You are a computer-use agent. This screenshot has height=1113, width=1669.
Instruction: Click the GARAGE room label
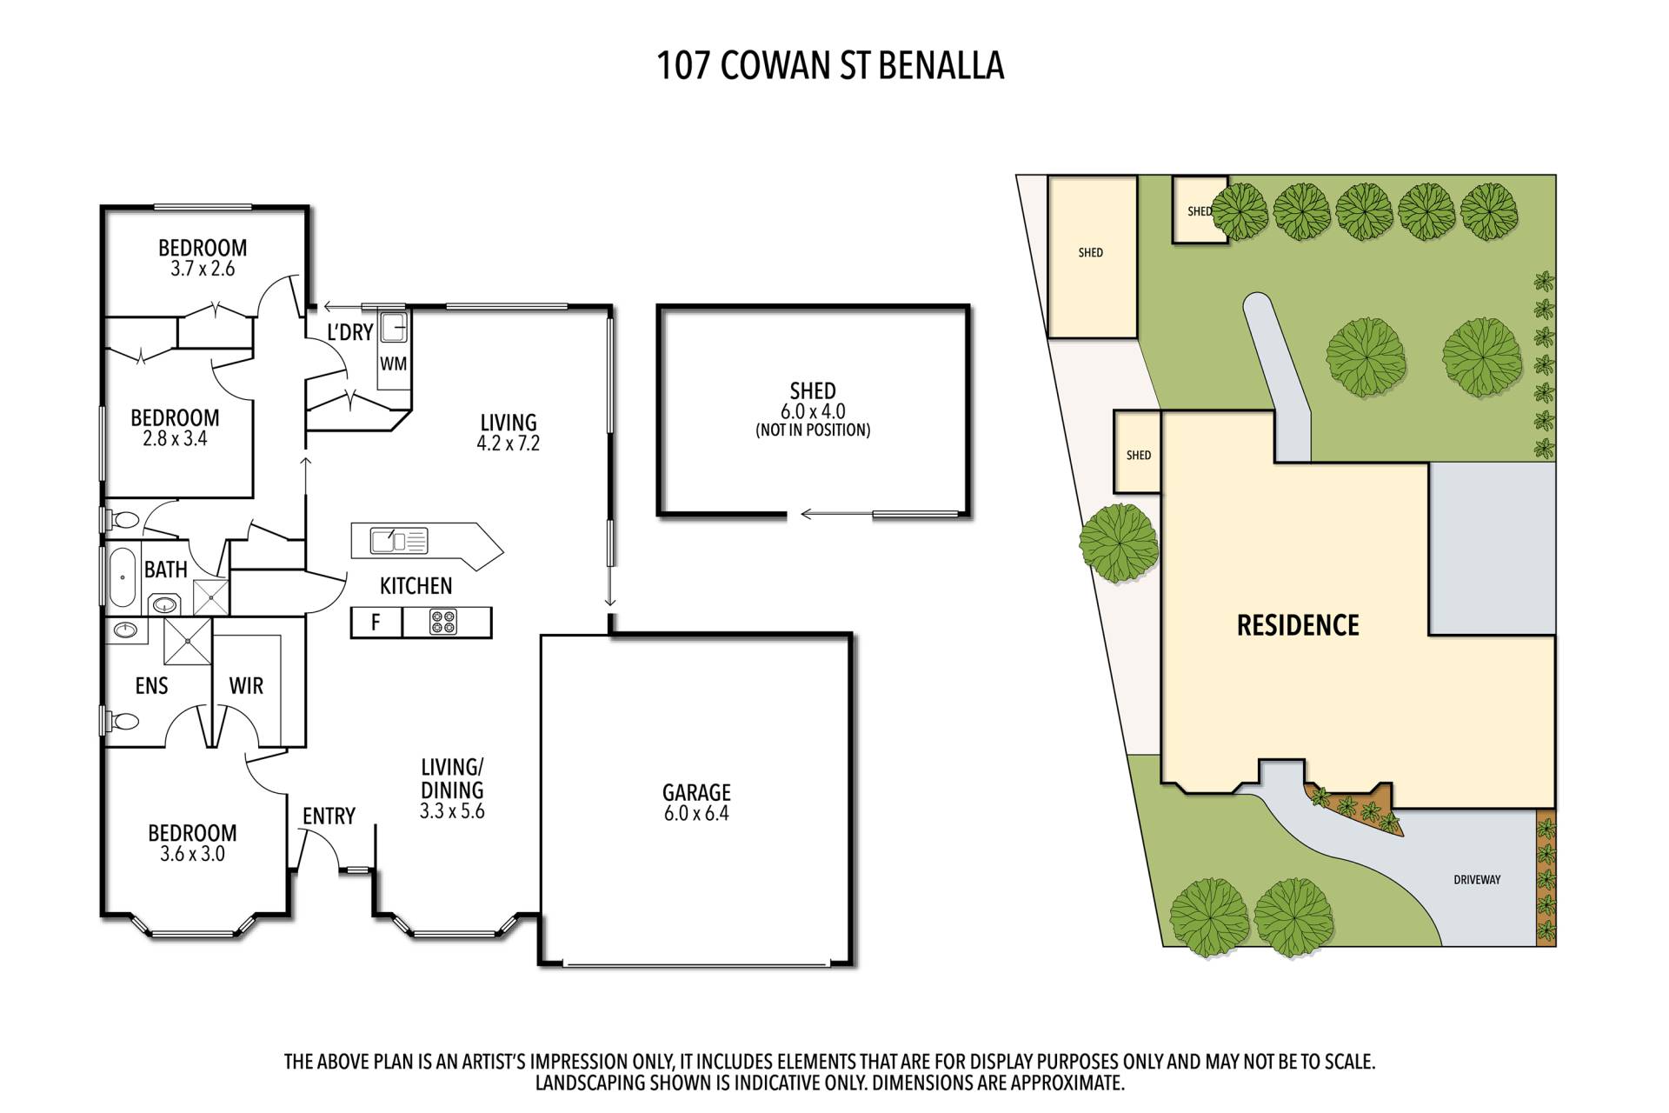pos(696,792)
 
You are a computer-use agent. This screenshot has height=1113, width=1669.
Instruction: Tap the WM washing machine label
pos(393,363)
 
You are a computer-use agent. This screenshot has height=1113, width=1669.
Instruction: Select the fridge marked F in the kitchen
pos(376,623)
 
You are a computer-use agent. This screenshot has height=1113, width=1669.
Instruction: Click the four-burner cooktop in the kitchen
pos(442,623)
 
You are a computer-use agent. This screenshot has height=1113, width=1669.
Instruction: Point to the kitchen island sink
pos(387,541)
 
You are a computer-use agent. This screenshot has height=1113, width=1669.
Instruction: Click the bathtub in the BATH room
pos(122,576)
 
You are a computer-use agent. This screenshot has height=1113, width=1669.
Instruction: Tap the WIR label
pos(246,686)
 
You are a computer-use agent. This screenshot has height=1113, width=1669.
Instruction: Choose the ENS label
pos(151,686)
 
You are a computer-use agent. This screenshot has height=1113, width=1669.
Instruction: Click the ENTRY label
pos(329,816)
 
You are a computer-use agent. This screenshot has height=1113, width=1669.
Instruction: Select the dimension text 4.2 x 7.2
pos(509,443)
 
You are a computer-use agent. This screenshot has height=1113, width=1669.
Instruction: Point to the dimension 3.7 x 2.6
pos(203,269)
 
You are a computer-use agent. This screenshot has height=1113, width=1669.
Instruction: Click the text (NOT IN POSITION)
pos(813,430)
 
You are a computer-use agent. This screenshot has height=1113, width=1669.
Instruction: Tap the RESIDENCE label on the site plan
pos(1298,625)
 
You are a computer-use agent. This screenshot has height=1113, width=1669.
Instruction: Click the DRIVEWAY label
pos(1477,880)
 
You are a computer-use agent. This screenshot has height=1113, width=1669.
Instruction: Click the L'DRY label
pos(349,332)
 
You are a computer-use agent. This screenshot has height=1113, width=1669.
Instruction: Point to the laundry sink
pos(394,328)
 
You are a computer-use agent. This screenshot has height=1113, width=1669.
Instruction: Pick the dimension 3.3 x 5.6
pos(452,812)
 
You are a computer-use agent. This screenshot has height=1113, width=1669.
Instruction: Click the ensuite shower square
pos(187,640)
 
